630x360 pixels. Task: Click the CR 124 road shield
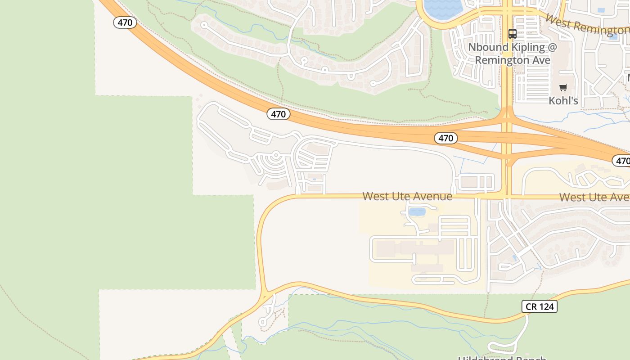[540, 306]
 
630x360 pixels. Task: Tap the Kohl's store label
[563, 100]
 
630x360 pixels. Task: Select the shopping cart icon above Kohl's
[563, 87]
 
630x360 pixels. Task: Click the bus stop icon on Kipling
[512, 33]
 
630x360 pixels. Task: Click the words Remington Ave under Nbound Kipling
[513, 60]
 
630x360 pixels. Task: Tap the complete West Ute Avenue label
[407, 196]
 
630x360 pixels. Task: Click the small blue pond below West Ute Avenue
[417, 211]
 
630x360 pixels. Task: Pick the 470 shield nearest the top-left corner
[125, 22]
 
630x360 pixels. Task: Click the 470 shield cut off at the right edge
[621, 161]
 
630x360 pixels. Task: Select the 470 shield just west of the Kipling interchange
[445, 138]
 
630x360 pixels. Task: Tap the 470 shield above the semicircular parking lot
[278, 114]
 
